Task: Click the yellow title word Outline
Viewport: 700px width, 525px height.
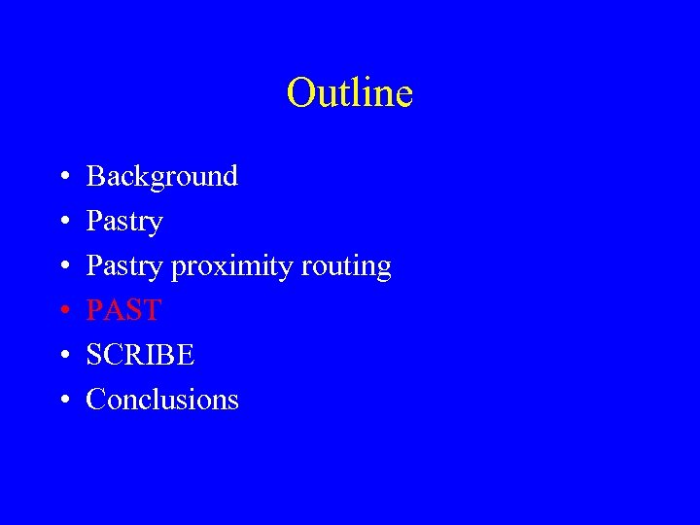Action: click(x=350, y=93)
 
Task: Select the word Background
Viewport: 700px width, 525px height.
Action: click(x=162, y=176)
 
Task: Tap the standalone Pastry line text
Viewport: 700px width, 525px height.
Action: click(x=124, y=222)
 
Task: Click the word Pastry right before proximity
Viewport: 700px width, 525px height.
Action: click(x=124, y=266)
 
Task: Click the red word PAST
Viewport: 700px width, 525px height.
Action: click(x=123, y=311)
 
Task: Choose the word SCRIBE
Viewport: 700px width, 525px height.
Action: click(x=141, y=355)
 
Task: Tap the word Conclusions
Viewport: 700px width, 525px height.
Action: click(x=162, y=400)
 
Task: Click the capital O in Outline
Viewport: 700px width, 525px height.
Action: click(x=300, y=93)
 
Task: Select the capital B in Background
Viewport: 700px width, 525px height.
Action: click(x=95, y=176)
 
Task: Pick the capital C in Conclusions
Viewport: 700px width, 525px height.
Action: click(x=95, y=400)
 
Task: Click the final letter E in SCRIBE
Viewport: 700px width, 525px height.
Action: click(x=187, y=355)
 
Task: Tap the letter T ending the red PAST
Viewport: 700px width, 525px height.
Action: click(x=151, y=311)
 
